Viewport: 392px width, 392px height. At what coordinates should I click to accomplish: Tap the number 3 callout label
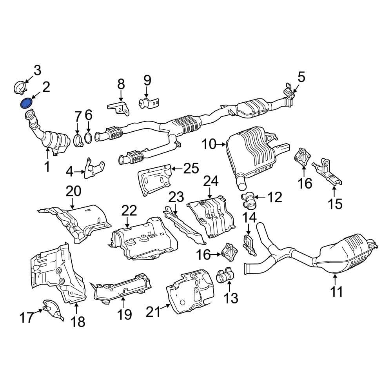[x=37, y=71]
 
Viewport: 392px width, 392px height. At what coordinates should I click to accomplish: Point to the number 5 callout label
[x=301, y=77]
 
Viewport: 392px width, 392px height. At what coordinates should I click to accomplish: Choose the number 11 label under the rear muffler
[x=336, y=292]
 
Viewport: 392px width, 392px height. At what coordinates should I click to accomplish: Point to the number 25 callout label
[x=191, y=169]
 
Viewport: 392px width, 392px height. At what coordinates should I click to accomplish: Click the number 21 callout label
[x=153, y=312]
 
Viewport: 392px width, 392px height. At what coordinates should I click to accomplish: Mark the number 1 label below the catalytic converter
[x=47, y=167]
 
